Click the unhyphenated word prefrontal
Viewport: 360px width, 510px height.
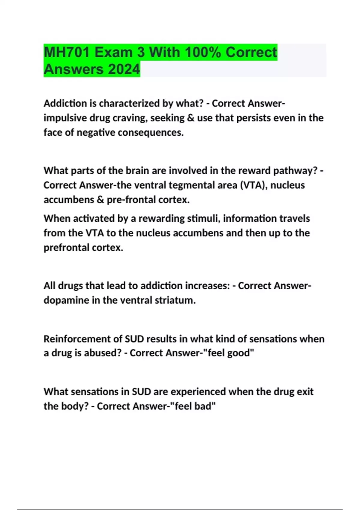66,248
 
